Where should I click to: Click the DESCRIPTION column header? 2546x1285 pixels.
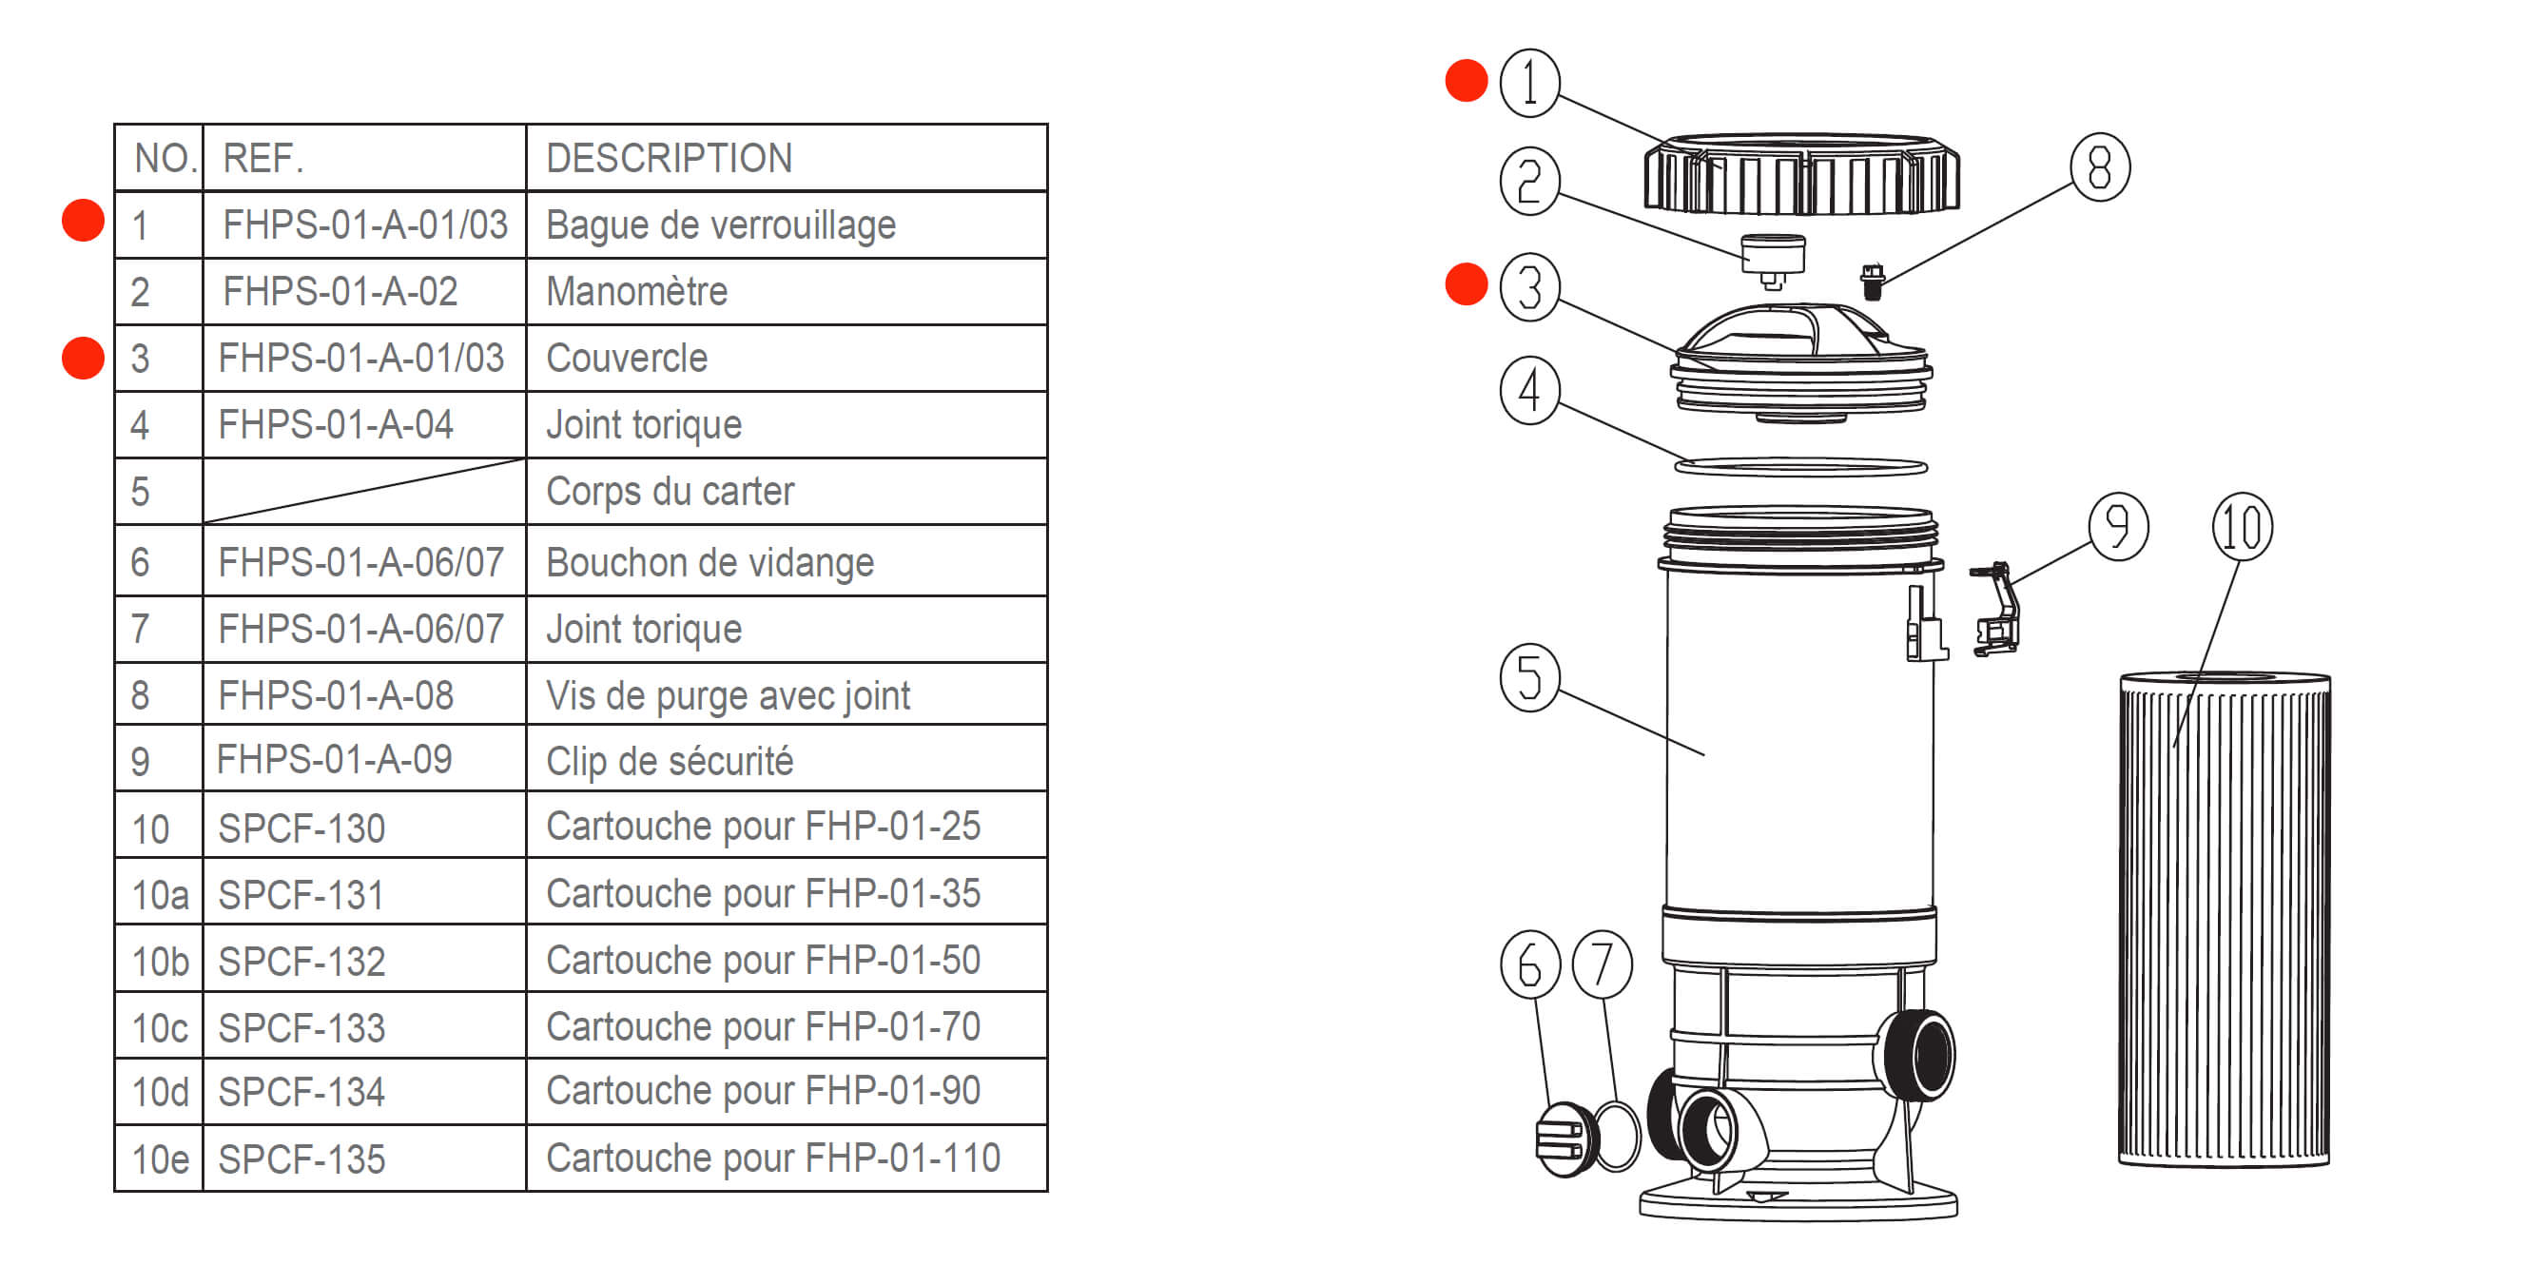670,158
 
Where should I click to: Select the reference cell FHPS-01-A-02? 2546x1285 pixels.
340,292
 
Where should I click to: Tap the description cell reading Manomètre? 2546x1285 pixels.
636,292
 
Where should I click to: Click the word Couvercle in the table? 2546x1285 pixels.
627,358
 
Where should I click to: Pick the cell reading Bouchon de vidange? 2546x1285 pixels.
709,562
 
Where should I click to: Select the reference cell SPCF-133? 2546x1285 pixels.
301,1028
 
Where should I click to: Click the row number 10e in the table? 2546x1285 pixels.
159,1159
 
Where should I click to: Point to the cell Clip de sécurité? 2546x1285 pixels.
670,761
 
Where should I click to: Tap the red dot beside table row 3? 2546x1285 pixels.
83,358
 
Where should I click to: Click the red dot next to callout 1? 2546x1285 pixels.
1466,80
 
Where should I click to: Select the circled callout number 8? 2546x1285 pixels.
2099,167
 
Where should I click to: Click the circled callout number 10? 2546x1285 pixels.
2242,527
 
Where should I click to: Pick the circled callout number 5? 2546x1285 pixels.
1529,678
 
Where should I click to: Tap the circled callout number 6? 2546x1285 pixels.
1529,964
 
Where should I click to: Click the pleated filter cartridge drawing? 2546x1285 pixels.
2224,919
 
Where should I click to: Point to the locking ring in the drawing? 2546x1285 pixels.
1800,176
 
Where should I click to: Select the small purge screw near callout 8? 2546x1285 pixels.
1871,281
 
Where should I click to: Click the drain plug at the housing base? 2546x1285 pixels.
1565,1139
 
